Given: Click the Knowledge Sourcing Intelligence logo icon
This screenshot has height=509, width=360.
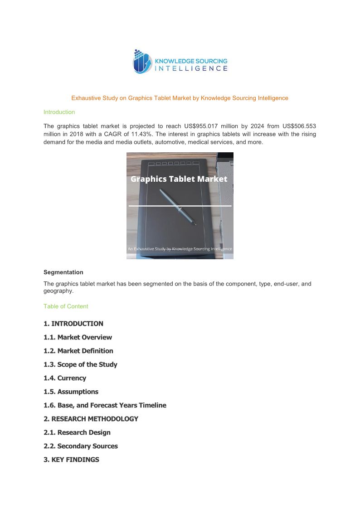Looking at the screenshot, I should (141, 62).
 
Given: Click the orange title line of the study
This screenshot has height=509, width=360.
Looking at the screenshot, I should (180, 98).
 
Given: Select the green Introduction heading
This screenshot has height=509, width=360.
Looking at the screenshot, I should (59, 112).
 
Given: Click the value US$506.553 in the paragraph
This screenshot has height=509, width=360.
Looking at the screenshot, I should (297, 126).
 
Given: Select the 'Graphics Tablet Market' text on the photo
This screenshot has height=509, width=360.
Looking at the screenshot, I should (179, 179).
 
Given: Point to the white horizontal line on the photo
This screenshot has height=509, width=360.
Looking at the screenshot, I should (180, 206).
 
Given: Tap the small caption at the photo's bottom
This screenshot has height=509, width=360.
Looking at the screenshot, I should (180, 249).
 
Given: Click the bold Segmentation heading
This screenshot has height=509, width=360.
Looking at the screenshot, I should (63, 272).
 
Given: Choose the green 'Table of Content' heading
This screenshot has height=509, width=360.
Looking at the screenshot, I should (66, 306).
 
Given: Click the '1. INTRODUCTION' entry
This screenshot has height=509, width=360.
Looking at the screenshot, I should (73, 324).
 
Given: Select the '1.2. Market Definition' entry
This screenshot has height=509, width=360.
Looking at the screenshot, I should (78, 351).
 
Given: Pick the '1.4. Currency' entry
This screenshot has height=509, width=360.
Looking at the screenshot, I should (65, 378).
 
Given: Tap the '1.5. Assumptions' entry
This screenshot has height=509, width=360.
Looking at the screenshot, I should (71, 392).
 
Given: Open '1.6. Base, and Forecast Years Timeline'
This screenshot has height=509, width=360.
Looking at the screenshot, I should (105, 405).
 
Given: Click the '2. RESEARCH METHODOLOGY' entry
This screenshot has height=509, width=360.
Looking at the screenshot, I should (91, 419).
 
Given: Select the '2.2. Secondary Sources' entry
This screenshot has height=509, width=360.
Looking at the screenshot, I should (81, 446).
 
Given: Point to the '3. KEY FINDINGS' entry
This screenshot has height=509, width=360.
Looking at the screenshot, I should (71, 460).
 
